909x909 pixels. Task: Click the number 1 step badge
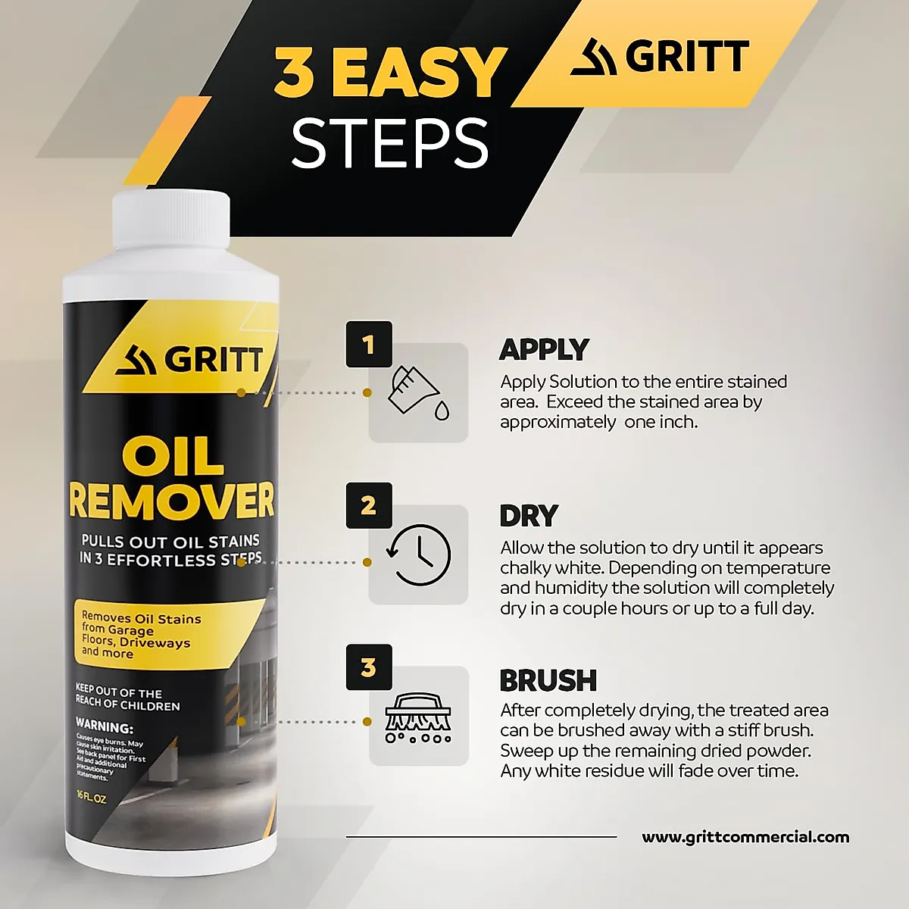coord(369,345)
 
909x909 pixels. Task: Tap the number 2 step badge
coord(369,505)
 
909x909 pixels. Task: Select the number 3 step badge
coord(369,667)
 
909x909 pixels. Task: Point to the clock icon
coord(419,554)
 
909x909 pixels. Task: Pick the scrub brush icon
coord(418,717)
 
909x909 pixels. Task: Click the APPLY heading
coord(543,349)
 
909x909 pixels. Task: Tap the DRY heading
coord(528,516)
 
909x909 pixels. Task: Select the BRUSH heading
coord(548,680)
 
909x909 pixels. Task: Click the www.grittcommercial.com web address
coord(745,837)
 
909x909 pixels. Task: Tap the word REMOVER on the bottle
coord(171,500)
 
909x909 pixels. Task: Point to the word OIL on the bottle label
coord(173,457)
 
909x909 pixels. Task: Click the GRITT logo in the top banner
coord(660,57)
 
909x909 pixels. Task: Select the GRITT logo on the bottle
coord(189,360)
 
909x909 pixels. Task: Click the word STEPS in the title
coord(389,143)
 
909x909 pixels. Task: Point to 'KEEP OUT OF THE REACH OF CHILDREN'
coord(127,698)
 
